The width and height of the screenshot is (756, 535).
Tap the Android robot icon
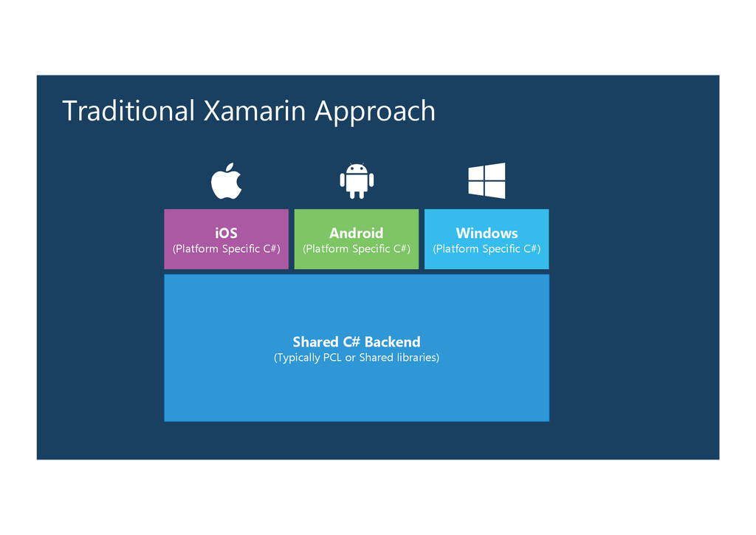click(x=357, y=181)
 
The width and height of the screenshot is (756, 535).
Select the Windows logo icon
click(x=487, y=180)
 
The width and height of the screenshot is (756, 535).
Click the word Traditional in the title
click(x=128, y=111)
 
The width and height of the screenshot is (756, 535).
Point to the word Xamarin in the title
click(x=254, y=111)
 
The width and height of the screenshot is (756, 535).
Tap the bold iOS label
click(x=226, y=233)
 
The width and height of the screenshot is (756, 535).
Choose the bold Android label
click(x=357, y=233)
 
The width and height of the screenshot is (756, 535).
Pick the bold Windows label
click(x=487, y=233)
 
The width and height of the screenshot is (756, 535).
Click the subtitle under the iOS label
click(x=226, y=249)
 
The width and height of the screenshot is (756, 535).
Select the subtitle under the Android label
click(x=357, y=249)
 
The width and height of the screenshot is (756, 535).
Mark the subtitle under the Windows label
click(x=487, y=249)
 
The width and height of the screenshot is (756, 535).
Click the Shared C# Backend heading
click(x=357, y=341)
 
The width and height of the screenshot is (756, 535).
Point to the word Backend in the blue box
click(x=392, y=341)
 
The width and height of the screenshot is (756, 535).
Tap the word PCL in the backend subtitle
click(x=332, y=358)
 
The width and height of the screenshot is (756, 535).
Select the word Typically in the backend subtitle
click(x=298, y=358)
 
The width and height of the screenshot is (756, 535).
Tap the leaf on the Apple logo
click(x=232, y=166)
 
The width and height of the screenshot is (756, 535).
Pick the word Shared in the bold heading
click(x=315, y=341)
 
